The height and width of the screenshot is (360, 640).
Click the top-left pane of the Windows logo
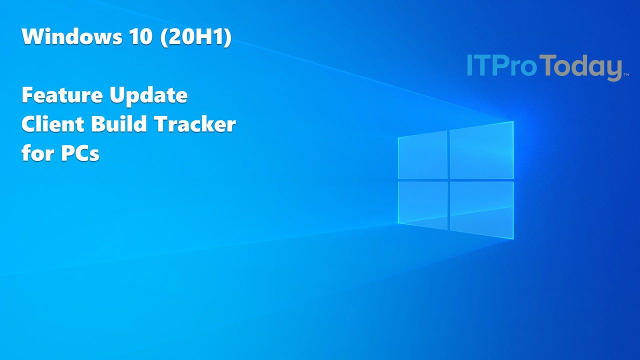[422, 155]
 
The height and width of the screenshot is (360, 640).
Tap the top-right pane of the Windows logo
[481, 150]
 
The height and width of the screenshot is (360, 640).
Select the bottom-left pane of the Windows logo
[422, 204]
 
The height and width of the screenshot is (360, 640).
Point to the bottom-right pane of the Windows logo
[481, 209]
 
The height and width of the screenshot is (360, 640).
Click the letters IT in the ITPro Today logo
[477, 66]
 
